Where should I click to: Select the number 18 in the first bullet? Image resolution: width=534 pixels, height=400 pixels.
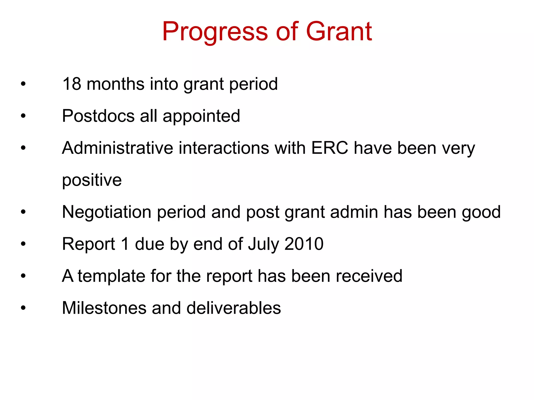coord(72,84)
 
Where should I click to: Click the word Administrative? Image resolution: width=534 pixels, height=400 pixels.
coord(118,148)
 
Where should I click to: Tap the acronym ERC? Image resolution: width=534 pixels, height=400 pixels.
coord(330,148)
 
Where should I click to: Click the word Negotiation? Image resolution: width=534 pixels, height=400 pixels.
coord(107,212)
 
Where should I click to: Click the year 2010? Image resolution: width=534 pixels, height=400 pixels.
coord(304,244)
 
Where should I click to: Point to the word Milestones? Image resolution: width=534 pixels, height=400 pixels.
coord(104,308)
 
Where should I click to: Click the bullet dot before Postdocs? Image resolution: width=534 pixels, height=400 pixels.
coord(23,116)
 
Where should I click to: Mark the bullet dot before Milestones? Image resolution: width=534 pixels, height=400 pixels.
coord(23,308)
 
